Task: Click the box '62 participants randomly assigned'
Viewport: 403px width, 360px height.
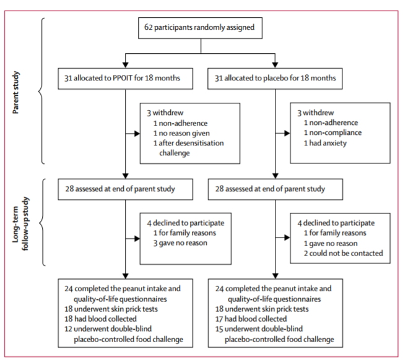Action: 200,28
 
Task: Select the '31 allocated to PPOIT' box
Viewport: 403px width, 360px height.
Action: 126,79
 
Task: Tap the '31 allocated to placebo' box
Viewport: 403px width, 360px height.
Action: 275,79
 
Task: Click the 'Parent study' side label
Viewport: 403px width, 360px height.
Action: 15,92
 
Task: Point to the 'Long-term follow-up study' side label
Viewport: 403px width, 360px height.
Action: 20,223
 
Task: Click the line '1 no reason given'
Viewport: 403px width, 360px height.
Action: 181,133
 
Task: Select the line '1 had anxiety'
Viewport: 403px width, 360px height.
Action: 325,143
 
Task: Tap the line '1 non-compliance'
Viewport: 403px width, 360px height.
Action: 332,132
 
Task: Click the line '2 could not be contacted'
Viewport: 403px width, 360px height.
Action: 344,253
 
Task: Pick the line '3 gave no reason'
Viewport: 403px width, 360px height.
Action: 180,243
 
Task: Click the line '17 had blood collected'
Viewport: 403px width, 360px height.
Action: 251,319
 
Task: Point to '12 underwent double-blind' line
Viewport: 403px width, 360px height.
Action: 108,329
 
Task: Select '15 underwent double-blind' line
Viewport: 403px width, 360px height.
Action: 259,329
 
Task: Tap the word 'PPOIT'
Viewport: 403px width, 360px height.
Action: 123,78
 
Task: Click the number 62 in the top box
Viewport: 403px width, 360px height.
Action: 149,27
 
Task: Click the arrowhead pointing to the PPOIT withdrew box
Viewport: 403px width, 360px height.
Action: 137,134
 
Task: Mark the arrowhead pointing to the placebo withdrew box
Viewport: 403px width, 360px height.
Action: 287,133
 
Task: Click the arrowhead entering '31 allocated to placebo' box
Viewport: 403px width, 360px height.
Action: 275,65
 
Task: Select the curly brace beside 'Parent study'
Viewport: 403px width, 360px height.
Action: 41,91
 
